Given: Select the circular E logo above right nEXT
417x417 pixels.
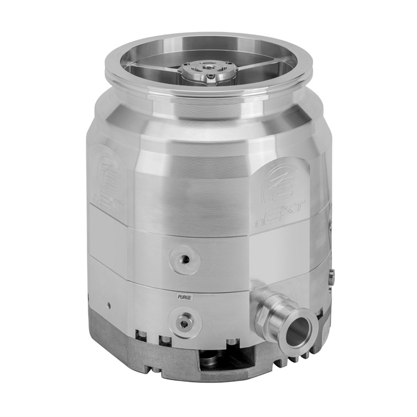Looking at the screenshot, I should click(285, 179).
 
